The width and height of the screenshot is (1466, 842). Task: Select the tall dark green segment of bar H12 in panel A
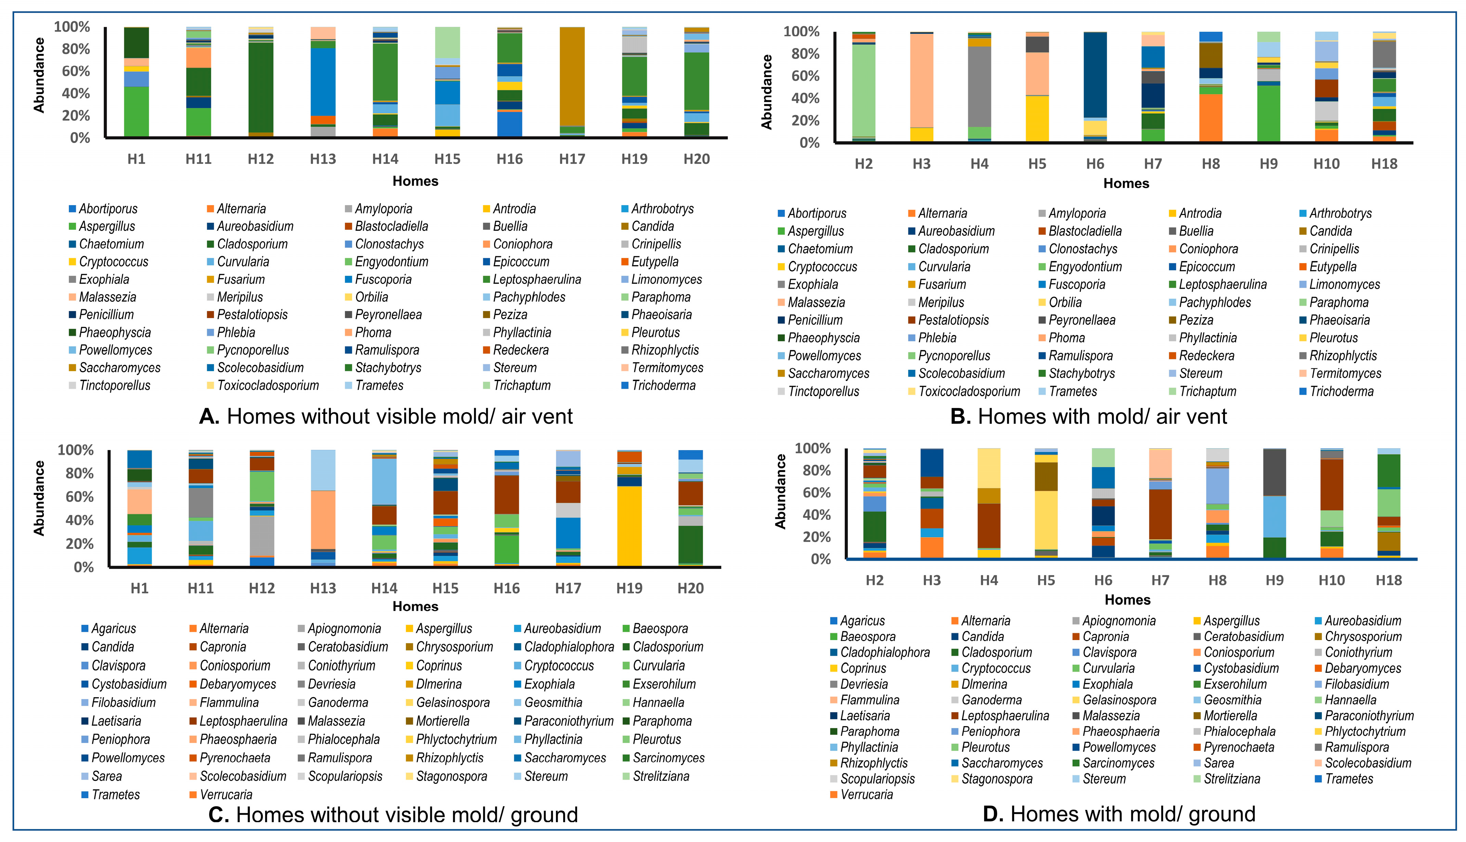click(260, 87)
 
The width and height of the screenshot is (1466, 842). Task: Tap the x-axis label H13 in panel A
click(323, 159)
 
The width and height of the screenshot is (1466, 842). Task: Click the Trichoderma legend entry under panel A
click(663, 386)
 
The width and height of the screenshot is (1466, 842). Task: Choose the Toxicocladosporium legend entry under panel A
click(267, 386)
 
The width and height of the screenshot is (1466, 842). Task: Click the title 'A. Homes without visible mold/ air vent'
click(386, 416)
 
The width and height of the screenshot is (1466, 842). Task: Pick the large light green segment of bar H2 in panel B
click(864, 90)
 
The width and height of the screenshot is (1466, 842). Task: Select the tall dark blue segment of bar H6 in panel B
click(1095, 75)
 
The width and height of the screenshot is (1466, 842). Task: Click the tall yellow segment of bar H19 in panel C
click(629, 526)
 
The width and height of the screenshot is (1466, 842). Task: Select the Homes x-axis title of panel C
click(415, 606)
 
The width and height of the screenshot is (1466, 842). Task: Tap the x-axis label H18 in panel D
click(1388, 581)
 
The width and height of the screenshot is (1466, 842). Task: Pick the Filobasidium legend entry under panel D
click(1356, 684)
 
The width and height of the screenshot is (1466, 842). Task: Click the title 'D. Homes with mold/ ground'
click(1119, 814)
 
